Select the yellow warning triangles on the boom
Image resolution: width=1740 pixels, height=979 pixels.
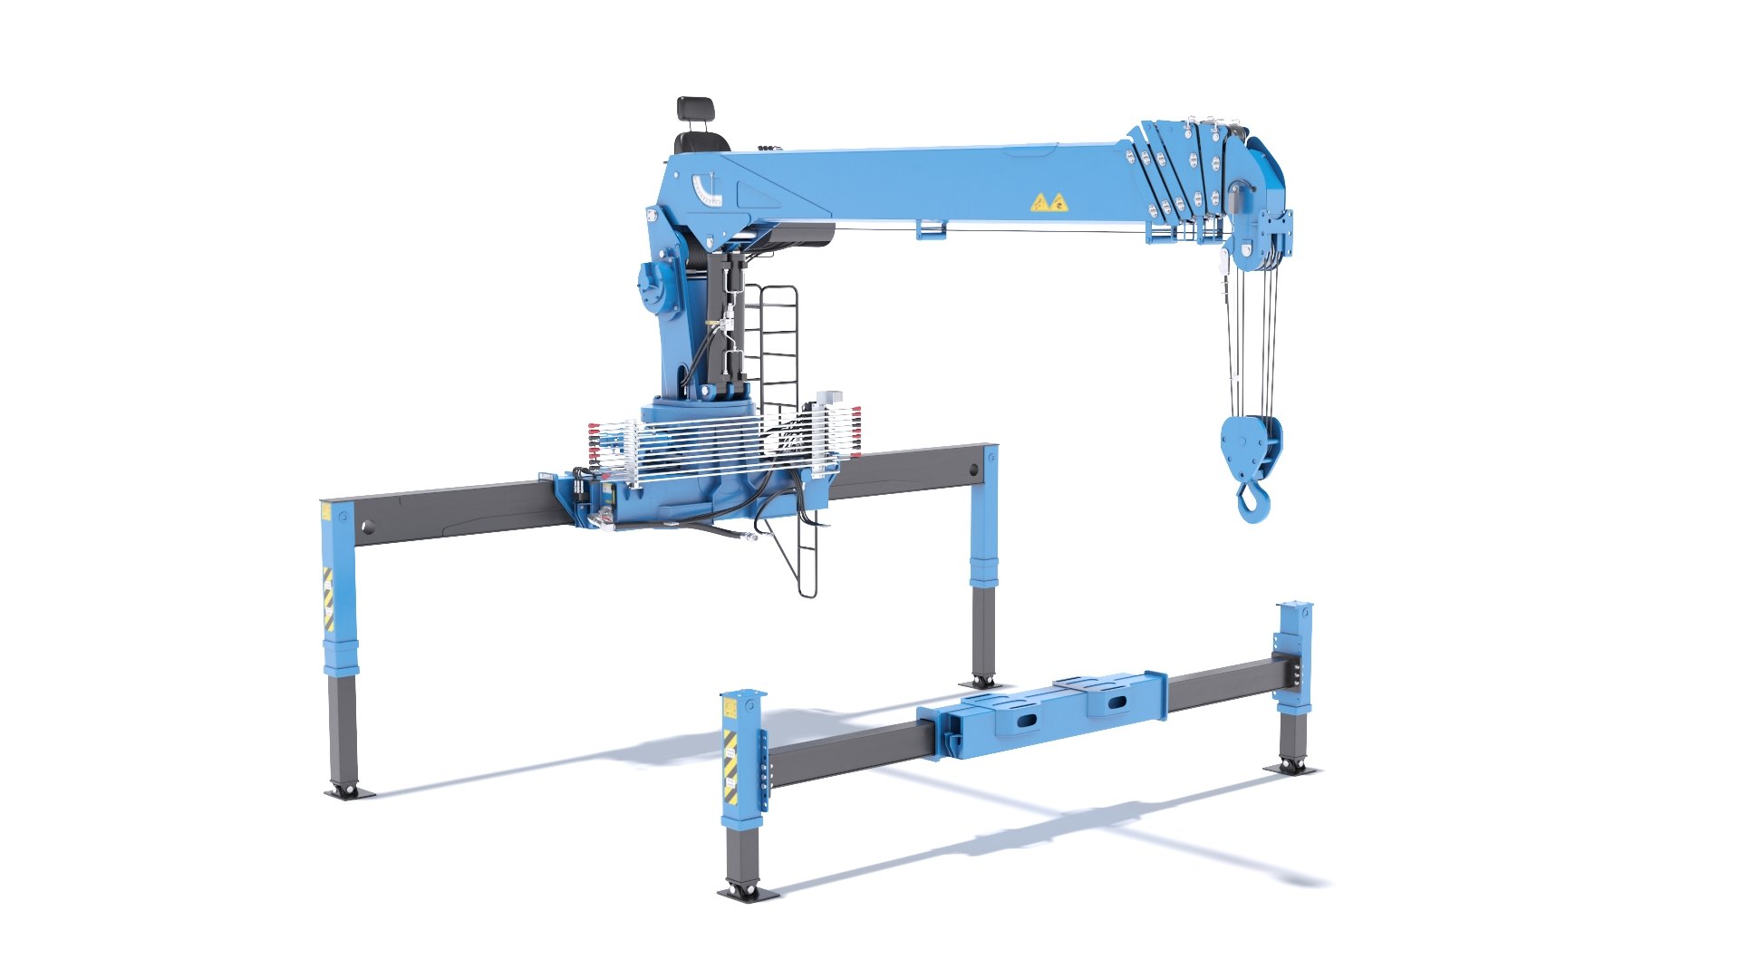(1049, 203)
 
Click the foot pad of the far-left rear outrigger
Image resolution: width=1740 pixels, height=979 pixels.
(349, 791)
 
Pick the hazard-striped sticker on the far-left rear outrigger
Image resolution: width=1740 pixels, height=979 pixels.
(328, 599)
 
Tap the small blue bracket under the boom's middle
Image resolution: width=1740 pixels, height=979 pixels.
(932, 228)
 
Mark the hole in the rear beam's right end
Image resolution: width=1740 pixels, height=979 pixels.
(974, 470)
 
